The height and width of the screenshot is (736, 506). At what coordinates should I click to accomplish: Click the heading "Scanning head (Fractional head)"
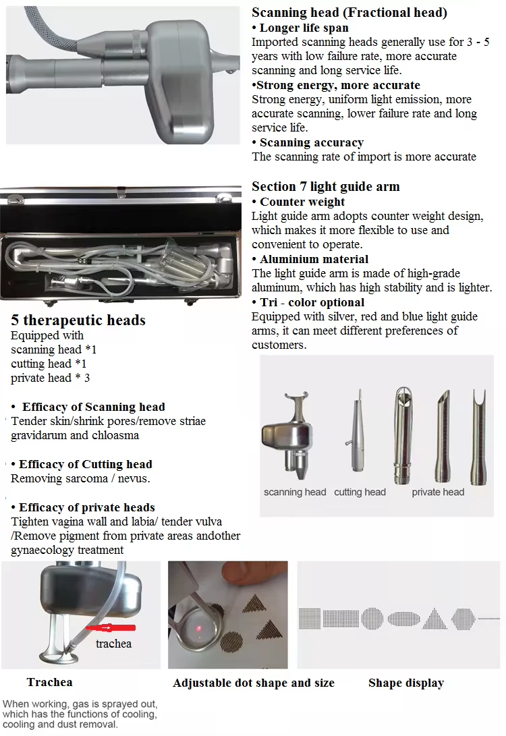click(x=349, y=12)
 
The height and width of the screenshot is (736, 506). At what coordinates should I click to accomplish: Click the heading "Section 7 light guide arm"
click(x=325, y=186)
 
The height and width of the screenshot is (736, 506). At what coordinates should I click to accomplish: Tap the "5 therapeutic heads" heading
click(x=78, y=320)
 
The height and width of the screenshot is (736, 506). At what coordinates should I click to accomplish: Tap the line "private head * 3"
click(x=50, y=378)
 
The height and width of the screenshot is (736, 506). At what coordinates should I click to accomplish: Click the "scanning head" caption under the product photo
click(x=295, y=492)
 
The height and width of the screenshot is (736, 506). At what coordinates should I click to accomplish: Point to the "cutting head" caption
click(x=360, y=492)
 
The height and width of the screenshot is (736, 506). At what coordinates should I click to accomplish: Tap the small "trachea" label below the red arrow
click(x=113, y=644)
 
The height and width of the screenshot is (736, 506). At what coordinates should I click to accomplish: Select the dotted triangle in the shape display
click(x=434, y=618)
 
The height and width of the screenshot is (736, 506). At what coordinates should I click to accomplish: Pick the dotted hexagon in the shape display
click(x=463, y=618)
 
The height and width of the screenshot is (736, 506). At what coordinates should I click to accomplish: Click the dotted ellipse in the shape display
click(x=403, y=618)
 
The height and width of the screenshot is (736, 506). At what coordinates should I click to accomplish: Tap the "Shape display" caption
click(x=405, y=683)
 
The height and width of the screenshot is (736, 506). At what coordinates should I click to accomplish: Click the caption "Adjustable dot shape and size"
click(x=253, y=683)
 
